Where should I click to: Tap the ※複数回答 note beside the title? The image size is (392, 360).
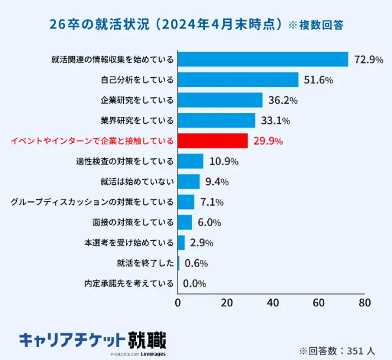click(316, 25)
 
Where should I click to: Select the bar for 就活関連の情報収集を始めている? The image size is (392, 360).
click(263, 59)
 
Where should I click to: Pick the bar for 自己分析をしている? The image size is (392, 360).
click(238, 80)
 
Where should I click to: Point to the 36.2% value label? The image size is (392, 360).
click(282, 100)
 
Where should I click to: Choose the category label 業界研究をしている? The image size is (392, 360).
click(137, 120)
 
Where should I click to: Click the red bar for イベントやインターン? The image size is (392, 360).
click(213, 141)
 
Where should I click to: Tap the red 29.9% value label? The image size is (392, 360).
click(268, 141)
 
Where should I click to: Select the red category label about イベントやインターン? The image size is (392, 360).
click(92, 141)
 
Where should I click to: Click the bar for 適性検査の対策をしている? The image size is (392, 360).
click(190, 161)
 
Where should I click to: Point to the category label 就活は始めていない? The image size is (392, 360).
click(137, 181)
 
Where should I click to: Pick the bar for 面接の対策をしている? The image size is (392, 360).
click(185, 222)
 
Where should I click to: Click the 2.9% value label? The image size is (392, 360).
click(202, 243)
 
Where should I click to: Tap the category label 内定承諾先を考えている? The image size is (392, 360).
click(129, 283)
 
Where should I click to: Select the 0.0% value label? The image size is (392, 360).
click(195, 283)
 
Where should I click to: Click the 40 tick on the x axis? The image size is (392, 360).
click(273, 303)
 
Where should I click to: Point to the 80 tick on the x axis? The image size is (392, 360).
click(365, 303)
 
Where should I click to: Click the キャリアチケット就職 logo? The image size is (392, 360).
click(92, 340)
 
